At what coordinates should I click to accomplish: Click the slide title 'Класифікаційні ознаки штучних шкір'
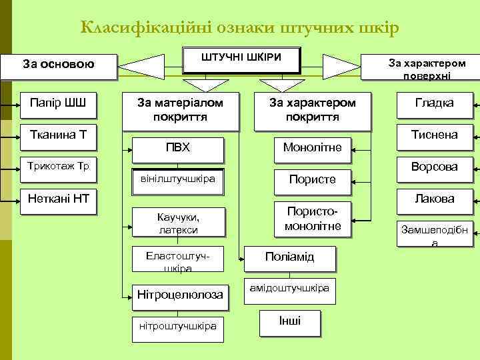[239, 28]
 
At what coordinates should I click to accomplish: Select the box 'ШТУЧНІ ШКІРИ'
[241, 59]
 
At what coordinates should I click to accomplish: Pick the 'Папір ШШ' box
[59, 103]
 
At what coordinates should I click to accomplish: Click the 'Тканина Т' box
[59, 135]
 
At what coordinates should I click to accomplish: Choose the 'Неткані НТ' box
[59, 198]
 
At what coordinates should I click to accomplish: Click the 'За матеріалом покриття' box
[179, 109]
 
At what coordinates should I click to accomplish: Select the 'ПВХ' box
[177, 147]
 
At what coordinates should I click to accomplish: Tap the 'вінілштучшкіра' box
[177, 180]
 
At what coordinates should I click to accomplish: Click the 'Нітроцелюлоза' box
[180, 295]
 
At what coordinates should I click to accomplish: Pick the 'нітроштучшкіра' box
[177, 326]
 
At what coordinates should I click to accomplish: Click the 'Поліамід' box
[289, 257]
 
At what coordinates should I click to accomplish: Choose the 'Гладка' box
[434, 103]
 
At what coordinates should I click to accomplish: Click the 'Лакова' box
[434, 199]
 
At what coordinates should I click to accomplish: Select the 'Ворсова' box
[434, 167]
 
